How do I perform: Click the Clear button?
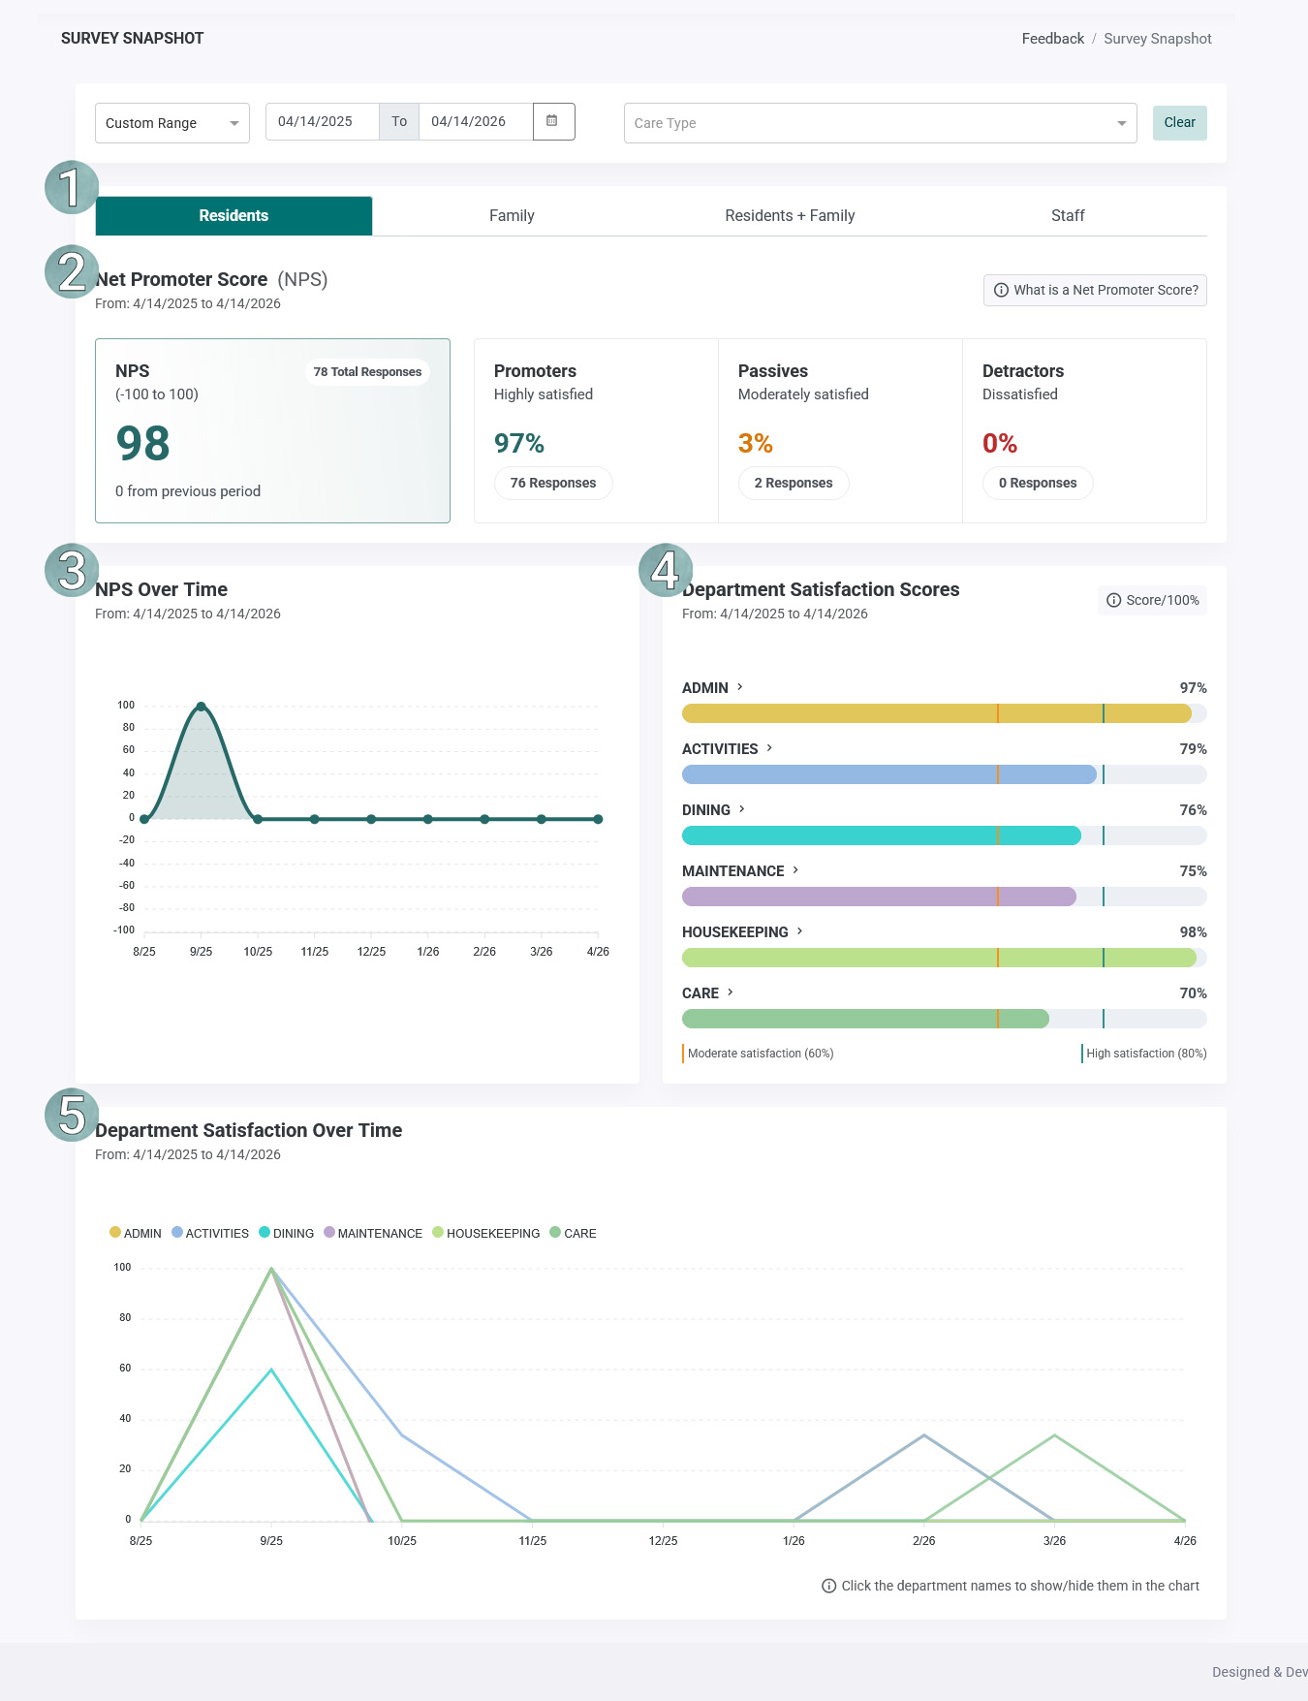click(x=1179, y=123)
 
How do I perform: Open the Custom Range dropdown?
click(x=172, y=123)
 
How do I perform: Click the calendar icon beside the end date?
click(x=552, y=121)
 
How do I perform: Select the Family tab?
click(x=512, y=215)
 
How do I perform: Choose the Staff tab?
click(x=1068, y=215)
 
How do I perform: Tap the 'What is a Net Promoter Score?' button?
click(x=1095, y=290)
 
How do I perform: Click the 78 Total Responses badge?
click(x=367, y=372)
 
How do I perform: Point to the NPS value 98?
click(x=143, y=444)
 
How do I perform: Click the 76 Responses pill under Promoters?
click(x=553, y=483)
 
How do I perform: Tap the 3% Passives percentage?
click(x=756, y=444)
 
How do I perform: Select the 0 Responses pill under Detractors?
click(x=1038, y=483)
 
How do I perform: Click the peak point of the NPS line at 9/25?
click(x=201, y=707)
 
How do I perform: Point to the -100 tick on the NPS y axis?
click(x=124, y=930)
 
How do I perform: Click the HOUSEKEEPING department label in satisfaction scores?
click(x=735, y=932)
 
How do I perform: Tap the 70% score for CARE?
click(x=1193, y=993)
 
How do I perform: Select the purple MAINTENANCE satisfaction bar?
click(x=879, y=897)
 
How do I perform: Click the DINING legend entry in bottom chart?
click(x=287, y=1233)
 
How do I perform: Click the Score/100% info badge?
click(x=1153, y=600)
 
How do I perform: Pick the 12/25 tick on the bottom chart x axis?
click(x=663, y=1541)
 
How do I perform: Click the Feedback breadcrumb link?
click(x=1053, y=39)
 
